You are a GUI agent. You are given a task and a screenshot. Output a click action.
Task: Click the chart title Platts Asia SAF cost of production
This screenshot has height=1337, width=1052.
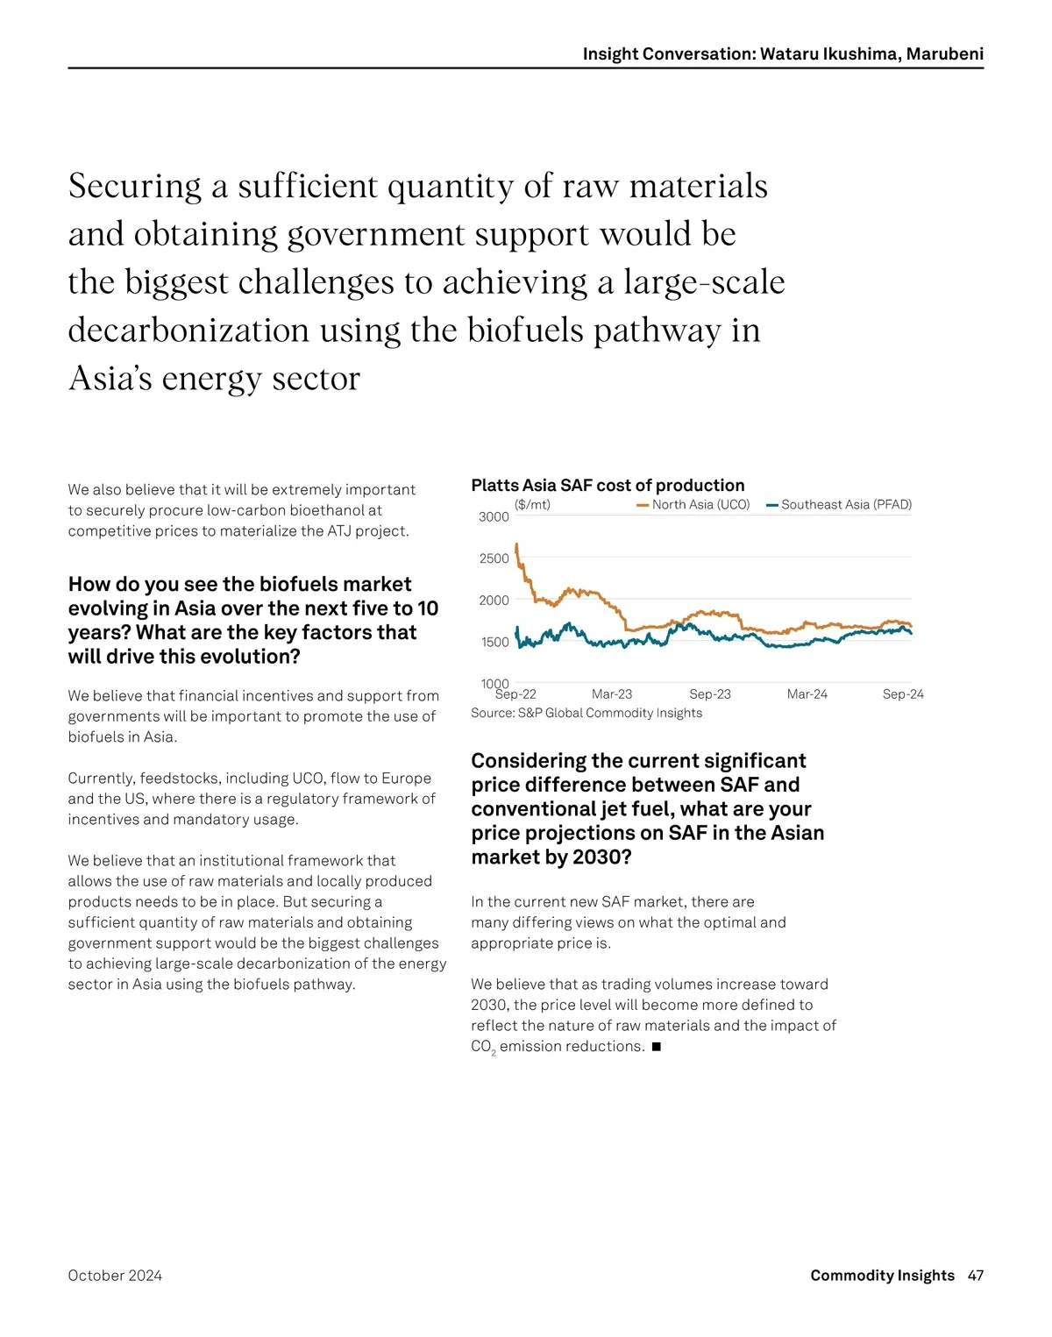pyautogui.click(x=608, y=485)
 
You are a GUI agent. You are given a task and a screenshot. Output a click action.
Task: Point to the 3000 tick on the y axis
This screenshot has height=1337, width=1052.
pyautogui.click(x=494, y=517)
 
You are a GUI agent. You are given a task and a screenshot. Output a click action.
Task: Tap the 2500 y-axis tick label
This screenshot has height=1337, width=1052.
pyautogui.click(x=494, y=558)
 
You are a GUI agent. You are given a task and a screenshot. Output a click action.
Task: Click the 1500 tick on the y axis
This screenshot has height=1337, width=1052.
pyautogui.click(x=494, y=642)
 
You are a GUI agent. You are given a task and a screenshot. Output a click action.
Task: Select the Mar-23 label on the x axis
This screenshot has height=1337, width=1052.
pyautogui.click(x=612, y=694)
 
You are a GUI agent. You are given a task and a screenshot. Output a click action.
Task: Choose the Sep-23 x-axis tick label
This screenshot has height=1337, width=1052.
pyautogui.click(x=710, y=694)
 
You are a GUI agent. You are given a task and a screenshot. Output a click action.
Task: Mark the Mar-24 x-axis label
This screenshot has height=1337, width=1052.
pyautogui.click(x=807, y=694)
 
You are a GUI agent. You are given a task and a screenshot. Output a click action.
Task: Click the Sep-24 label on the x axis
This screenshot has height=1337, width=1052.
pyautogui.click(x=903, y=694)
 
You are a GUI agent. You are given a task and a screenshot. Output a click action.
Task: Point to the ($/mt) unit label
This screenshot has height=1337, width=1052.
pyautogui.click(x=532, y=504)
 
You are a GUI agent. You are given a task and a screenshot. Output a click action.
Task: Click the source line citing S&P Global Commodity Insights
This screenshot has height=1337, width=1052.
pyautogui.click(x=586, y=713)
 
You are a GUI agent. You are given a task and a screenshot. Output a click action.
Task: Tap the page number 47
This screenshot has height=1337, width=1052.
pyautogui.click(x=976, y=1276)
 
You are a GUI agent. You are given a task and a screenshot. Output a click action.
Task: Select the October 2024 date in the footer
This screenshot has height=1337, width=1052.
pyautogui.click(x=115, y=1276)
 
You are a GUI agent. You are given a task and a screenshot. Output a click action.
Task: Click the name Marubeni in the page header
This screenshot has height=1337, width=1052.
pyautogui.click(x=944, y=54)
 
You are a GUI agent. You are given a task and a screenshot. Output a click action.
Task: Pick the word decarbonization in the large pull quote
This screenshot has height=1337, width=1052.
pyautogui.click(x=188, y=331)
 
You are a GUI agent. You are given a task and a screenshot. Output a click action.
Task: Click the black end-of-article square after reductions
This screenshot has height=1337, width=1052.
pyautogui.click(x=657, y=1047)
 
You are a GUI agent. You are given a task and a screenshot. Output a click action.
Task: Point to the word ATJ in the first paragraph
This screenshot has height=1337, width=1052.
pyautogui.click(x=342, y=531)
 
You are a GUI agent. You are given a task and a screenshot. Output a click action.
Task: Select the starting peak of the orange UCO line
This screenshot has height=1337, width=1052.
pyautogui.click(x=516, y=545)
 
